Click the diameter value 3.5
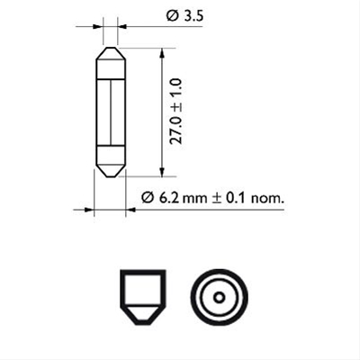point(192,16)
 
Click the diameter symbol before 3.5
point(172,16)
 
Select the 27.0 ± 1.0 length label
point(177,112)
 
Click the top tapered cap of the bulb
point(109,57)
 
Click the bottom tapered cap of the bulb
point(109,166)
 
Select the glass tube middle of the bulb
point(109,112)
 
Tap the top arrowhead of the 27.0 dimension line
point(161,53)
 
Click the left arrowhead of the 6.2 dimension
point(89,211)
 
